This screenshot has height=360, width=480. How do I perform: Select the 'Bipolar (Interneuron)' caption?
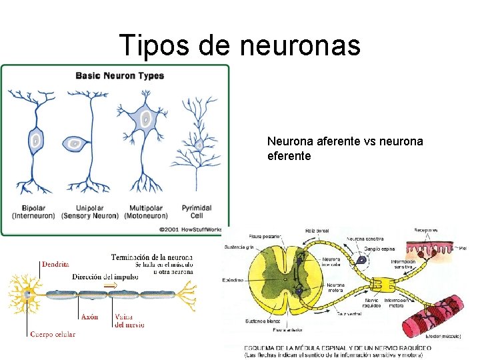(33, 211)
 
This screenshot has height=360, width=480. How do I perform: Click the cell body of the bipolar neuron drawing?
(35, 140)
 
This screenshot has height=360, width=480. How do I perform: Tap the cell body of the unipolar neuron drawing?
(75, 142)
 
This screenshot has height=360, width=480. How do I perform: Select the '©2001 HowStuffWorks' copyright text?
(194, 228)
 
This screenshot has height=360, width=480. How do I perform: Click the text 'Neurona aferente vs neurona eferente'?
(345, 149)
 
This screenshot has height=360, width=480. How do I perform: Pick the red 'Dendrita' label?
(55, 264)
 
